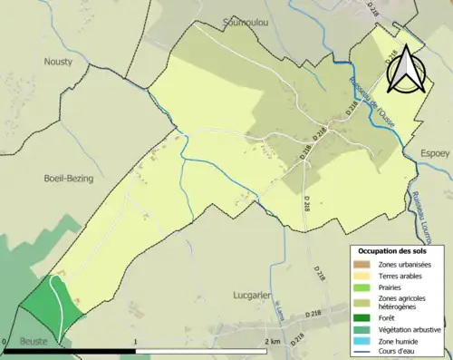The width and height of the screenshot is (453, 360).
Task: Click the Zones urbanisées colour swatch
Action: [362, 264]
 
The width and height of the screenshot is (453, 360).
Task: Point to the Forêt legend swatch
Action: [362, 316]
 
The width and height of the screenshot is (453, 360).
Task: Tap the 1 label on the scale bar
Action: [135, 342]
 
